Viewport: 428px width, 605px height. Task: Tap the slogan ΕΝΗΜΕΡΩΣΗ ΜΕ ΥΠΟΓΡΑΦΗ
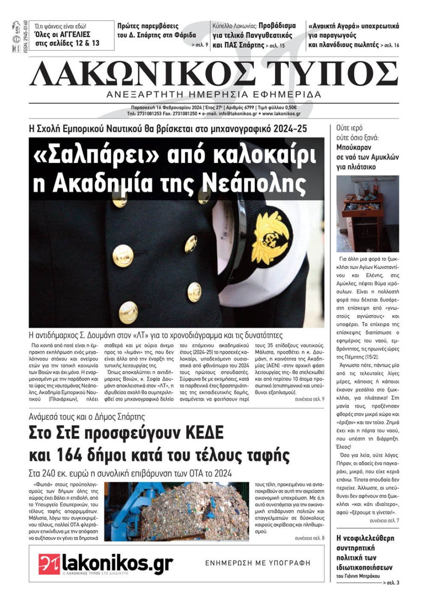pos(258,563)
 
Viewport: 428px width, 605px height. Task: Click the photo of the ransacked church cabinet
pos(367,214)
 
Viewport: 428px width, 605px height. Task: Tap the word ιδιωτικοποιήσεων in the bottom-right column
pos(364,567)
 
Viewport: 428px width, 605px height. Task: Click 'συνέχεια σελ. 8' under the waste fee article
pos(309,538)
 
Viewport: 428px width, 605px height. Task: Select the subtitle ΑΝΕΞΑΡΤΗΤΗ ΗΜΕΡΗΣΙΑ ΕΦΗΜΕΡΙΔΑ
pos(214,94)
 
